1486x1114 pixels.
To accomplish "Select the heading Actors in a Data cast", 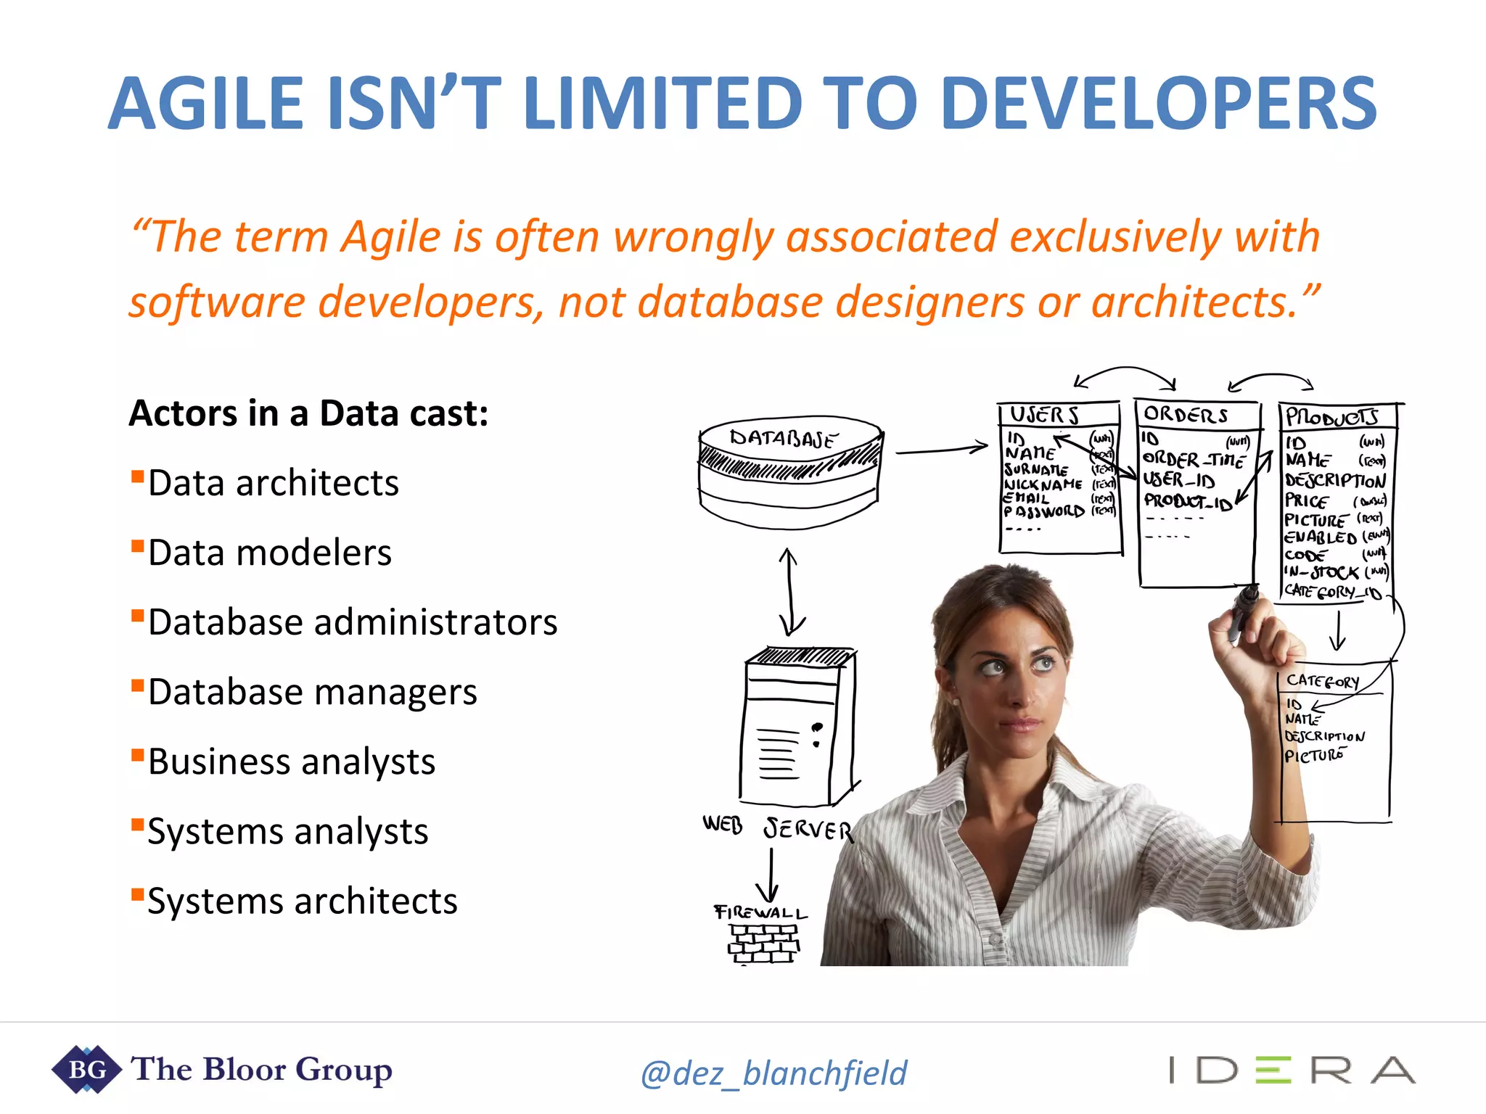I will click(308, 413).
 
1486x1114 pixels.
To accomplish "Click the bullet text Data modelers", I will click(270, 553).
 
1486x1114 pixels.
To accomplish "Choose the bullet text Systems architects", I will click(303, 901).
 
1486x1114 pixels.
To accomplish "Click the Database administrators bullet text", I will click(353, 622).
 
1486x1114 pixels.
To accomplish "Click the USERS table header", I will click(1045, 415).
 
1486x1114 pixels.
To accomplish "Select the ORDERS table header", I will click(1186, 415).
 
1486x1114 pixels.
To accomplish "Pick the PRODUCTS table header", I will click(1332, 416).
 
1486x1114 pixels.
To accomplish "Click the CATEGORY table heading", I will click(1322, 682).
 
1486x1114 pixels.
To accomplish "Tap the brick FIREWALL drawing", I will click(763, 943).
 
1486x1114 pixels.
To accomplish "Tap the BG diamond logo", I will click(86, 1069).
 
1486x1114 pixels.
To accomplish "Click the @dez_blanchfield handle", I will click(773, 1073).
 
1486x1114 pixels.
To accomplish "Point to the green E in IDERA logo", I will click(1273, 1070).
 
